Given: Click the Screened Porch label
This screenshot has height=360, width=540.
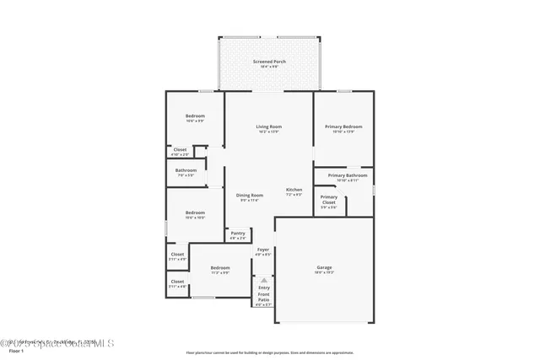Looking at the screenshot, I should [267, 62].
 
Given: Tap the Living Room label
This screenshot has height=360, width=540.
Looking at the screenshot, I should [268, 126].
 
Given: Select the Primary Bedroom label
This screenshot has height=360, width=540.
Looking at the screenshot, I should [343, 126].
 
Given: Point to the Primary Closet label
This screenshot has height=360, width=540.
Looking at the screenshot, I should [328, 200].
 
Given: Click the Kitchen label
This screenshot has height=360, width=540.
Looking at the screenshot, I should [294, 190].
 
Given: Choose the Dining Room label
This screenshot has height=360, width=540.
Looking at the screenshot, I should [250, 195].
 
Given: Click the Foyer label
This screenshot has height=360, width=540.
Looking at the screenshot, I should [263, 250].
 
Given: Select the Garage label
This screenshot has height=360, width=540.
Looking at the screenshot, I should [324, 268].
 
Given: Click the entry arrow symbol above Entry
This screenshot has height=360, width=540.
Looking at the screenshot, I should [263, 279].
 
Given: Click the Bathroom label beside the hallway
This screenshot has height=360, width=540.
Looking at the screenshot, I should [186, 170].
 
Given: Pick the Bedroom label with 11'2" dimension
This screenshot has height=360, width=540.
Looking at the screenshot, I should [220, 268].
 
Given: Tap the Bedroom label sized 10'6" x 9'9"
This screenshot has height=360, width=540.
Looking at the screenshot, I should [195, 116].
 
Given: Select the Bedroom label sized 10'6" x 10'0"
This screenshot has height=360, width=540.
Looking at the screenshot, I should [195, 212].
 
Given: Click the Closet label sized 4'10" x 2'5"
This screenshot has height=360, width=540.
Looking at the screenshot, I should [180, 150].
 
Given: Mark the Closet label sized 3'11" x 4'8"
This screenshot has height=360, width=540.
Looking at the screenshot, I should [177, 282].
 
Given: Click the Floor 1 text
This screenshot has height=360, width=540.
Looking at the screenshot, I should [11, 350].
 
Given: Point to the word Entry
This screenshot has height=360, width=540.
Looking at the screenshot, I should [263, 287].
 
